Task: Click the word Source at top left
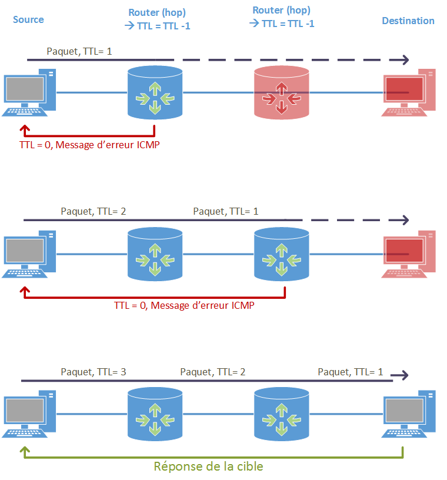[28, 19]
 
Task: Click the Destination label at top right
[408, 21]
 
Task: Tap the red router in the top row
[281, 92]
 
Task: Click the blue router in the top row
[155, 92]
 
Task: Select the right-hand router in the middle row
[281, 254]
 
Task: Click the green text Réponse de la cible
[208, 466]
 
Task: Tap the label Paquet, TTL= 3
[94, 372]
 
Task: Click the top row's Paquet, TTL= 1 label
[79, 52]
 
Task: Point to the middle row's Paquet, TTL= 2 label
[94, 211]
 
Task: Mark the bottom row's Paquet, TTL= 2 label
[213, 372]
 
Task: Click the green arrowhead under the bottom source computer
[24, 451]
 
